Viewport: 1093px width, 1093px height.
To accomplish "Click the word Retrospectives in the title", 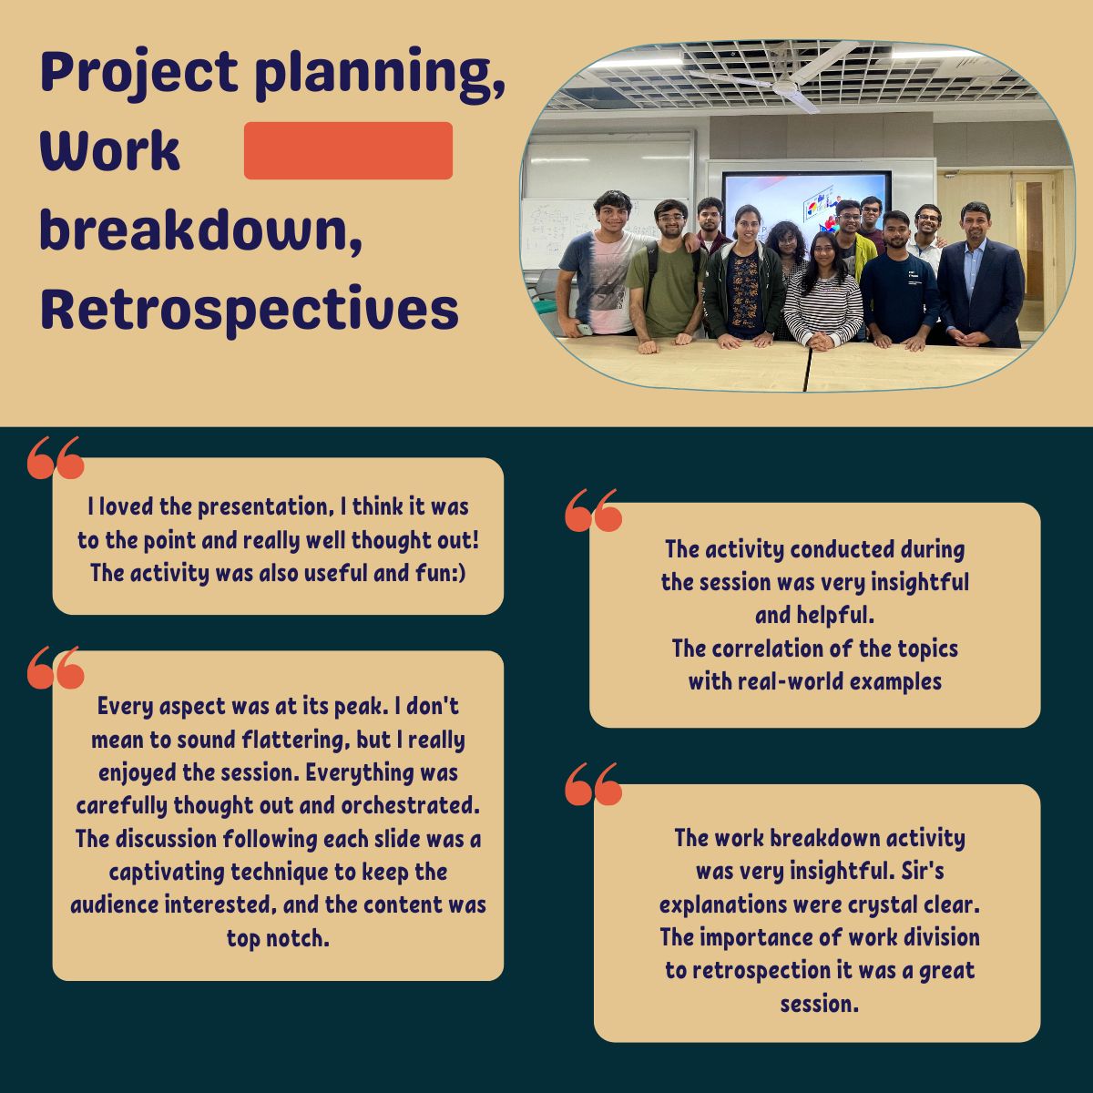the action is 250,310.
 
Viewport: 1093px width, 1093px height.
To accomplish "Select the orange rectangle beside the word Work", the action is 348,151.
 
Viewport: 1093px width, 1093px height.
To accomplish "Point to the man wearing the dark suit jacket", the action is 980,278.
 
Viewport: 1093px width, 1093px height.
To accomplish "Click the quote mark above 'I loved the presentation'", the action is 56,458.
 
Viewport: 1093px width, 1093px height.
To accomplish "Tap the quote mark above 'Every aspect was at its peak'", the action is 56,668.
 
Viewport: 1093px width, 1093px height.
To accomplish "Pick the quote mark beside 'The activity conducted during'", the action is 594,510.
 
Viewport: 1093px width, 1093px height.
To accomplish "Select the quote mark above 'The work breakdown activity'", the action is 594,784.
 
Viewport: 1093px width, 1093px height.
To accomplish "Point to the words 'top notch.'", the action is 278,938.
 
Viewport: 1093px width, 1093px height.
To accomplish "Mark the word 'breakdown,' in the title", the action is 201,231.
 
